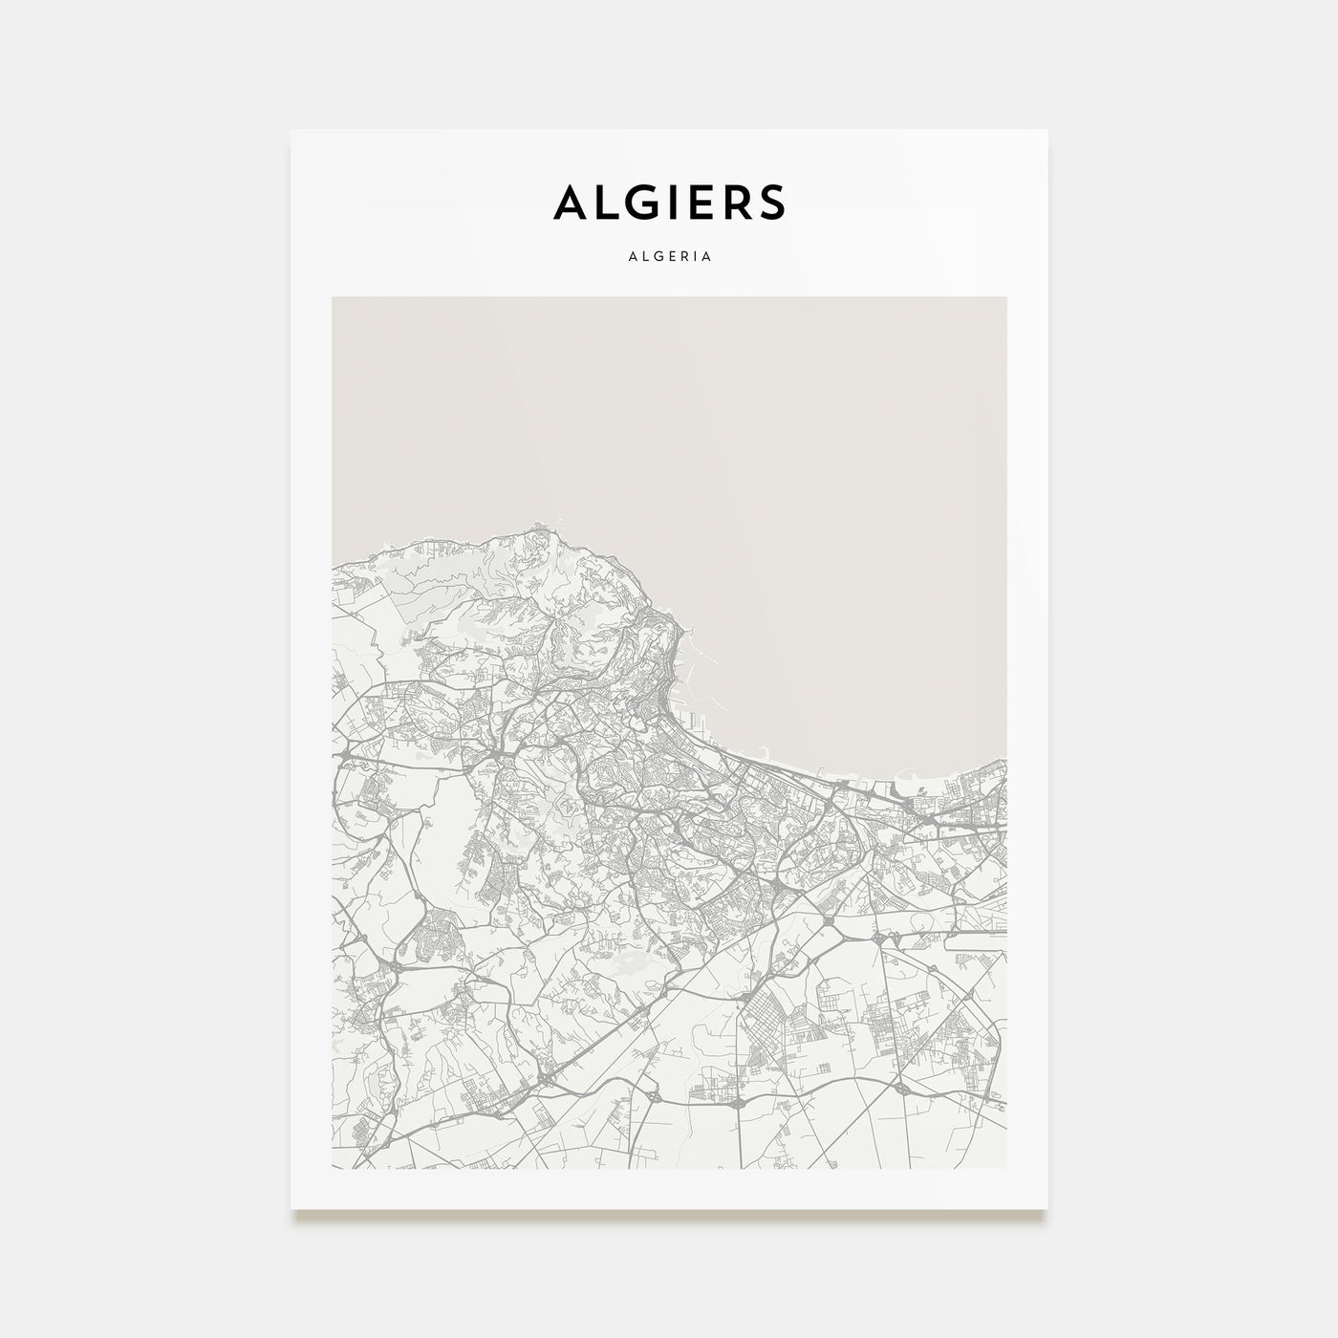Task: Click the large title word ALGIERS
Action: click(x=669, y=202)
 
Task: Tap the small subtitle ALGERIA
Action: click(x=669, y=257)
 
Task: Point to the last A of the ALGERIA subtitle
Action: click(x=708, y=257)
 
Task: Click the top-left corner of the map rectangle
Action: click(x=333, y=297)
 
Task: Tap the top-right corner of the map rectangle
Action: click(x=1006, y=297)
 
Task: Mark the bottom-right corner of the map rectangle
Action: click(x=1006, y=1168)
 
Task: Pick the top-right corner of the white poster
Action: click(x=1047, y=131)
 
